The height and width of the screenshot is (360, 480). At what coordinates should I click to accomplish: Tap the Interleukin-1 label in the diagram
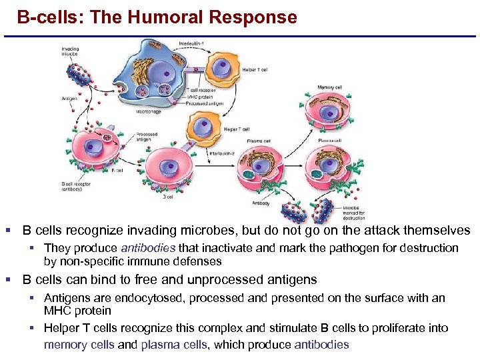click(192, 45)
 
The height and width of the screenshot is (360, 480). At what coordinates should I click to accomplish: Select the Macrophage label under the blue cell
click(148, 112)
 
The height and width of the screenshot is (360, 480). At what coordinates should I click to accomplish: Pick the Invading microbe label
click(70, 51)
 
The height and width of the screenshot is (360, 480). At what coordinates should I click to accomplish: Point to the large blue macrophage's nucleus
click(160, 71)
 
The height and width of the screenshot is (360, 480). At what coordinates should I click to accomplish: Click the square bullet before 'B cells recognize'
click(8, 231)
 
